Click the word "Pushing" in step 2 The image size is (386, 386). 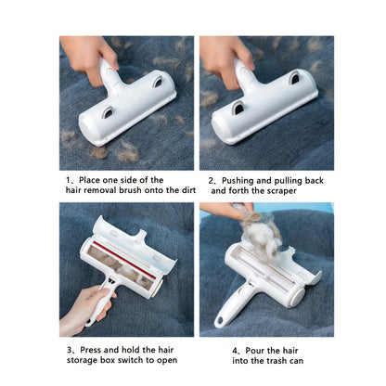pos(239,179)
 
